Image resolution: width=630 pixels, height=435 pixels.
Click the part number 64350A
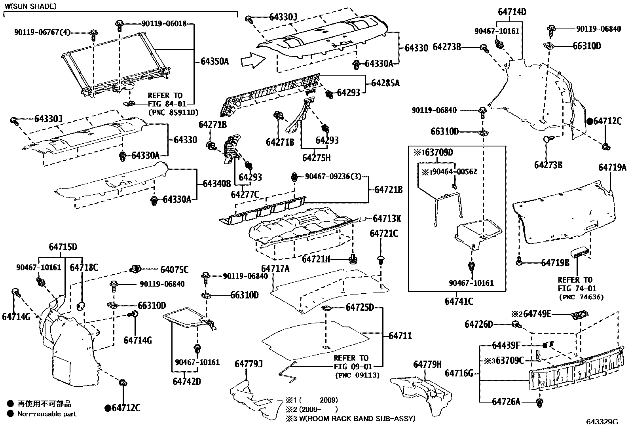click(214, 61)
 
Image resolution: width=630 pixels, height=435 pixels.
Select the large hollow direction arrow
click(253, 61)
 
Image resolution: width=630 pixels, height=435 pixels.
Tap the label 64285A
click(385, 83)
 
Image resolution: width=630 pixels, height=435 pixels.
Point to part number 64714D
click(512, 12)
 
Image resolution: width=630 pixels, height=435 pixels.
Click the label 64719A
click(612, 168)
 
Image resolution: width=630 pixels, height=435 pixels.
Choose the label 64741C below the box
click(459, 301)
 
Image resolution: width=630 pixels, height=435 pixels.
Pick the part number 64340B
click(217, 184)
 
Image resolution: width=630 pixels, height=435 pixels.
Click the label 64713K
click(387, 218)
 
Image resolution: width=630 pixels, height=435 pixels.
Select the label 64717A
click(275, 269)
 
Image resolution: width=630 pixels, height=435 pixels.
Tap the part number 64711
click(400, 336)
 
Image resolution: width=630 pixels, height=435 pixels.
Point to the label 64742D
click(187, 382)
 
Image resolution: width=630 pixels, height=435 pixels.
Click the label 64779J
click(249, 364)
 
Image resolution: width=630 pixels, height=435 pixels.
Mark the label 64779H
click(427, 365)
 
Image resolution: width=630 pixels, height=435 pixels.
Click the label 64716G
click(459, 373)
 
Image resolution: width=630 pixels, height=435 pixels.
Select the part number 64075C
click(175, 270)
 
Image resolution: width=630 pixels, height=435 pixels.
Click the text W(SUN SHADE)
click(30, 6)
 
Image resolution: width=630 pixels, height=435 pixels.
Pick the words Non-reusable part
click(47, 414)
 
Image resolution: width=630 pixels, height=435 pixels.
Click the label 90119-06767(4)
click(42, 32)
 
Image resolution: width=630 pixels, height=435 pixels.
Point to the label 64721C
click(383, 234)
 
